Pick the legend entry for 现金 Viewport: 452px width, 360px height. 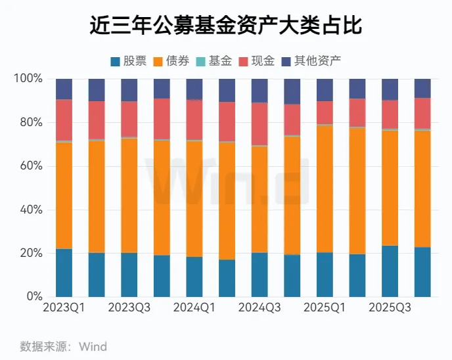click(256, 61)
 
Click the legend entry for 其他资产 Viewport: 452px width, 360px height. click(311, 61)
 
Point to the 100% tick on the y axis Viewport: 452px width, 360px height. click(28, 79)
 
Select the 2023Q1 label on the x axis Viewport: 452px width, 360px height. click(64, 307)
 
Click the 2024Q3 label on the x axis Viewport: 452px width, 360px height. click(260, 307)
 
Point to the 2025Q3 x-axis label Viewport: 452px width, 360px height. click(390, 307)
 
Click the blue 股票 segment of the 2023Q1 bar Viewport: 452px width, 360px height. click(64, 273)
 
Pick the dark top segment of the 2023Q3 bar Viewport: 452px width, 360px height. click(129, 89)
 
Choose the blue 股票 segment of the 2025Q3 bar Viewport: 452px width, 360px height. click(390, 271)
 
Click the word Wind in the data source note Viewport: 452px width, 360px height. click(93, 346)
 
